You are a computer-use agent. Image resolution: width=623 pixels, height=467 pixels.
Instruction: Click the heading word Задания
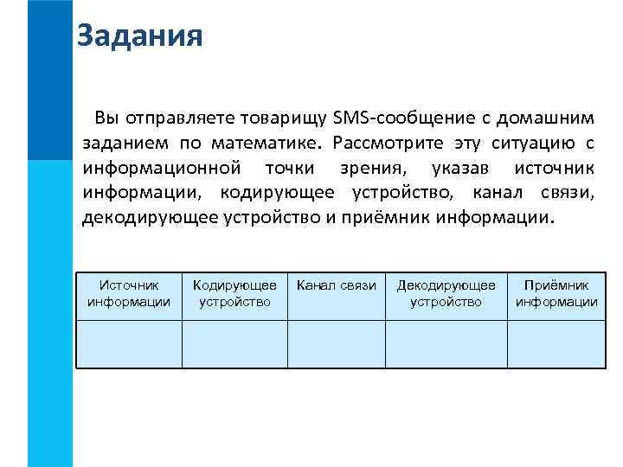139,37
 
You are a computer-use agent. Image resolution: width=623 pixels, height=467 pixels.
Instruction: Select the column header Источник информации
129,293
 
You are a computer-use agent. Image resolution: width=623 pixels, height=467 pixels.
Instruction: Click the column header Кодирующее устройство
234,293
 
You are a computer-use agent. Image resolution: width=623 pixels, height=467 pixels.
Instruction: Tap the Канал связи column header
337,285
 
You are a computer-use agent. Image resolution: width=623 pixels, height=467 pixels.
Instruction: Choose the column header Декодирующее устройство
446,293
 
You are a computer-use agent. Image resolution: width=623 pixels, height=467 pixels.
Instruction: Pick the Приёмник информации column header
556,293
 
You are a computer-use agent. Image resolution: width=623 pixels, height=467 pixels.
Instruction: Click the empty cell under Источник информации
129,344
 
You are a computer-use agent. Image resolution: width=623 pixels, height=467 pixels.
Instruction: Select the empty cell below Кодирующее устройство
234,344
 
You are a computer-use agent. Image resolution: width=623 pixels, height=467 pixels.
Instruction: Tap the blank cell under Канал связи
337,344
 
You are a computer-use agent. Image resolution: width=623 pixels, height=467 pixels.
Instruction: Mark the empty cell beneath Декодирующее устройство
446,344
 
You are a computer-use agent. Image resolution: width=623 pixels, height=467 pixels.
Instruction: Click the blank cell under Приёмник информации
556,344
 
